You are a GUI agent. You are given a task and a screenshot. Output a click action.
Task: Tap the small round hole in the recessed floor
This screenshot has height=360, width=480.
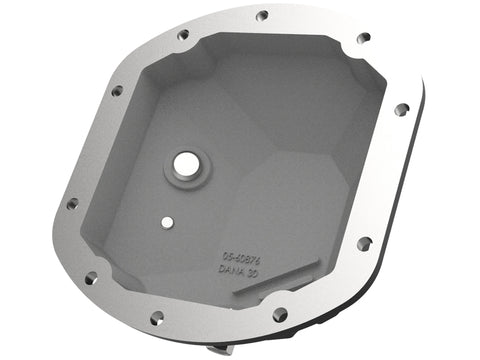[x=168, y=222]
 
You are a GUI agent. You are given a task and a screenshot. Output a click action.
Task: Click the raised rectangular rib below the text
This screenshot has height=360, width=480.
[x=283, y=276]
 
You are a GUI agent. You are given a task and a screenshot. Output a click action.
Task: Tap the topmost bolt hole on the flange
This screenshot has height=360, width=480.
[x=262, y=15]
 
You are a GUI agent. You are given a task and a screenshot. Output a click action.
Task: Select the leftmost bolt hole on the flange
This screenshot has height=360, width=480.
[x=72, y=203]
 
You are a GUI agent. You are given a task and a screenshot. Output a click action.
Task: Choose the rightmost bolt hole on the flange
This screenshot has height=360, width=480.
[x=402, y=110]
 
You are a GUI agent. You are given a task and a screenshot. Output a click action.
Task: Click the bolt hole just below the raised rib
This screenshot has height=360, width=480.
[x=280, y=314]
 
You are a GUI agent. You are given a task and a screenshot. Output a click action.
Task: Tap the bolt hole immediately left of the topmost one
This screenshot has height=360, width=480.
[x=183, y=34]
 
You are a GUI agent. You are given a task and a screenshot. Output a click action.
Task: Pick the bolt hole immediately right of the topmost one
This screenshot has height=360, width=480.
[x=364, y=38]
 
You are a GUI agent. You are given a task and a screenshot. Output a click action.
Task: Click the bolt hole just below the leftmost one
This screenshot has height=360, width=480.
[x=90, y=279]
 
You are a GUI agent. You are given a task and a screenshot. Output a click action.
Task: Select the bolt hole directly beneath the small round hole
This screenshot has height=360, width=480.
[x=157, y=318]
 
